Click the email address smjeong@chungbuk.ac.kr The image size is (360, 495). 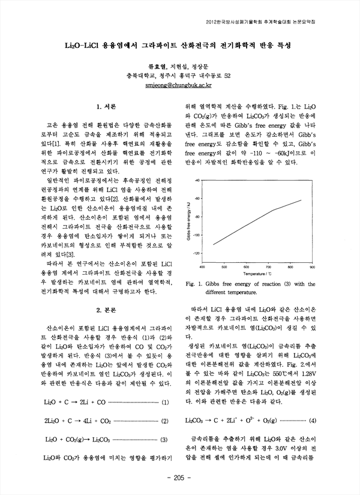coord(179,86)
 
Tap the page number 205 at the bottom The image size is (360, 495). coord(179,478)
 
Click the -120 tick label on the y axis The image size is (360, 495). coord(196,254)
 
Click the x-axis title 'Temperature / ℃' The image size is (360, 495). coord(257,273)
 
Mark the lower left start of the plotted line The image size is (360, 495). coord(213,244)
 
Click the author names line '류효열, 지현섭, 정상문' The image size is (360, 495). coord(179,66)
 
